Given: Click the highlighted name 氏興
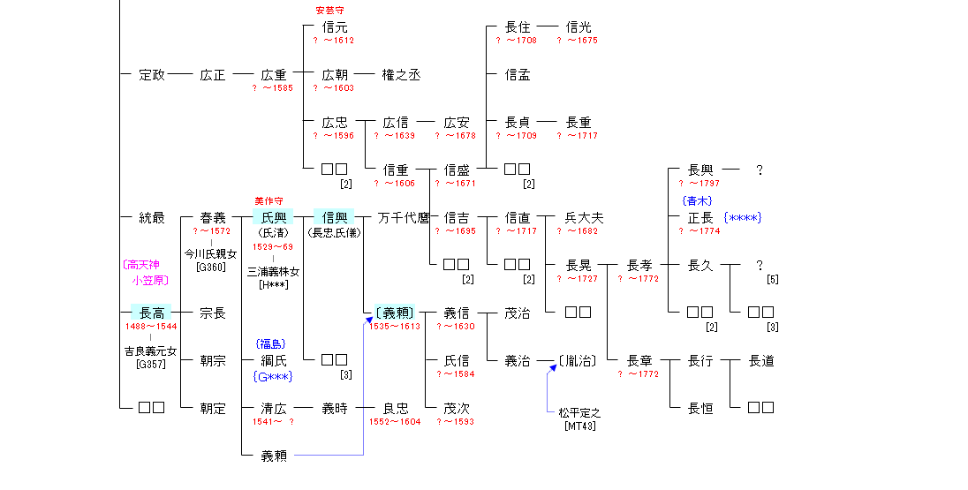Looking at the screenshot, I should click(273, 218).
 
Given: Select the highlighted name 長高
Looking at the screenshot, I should click(152, 313).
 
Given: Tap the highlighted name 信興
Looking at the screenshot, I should click(334, 218).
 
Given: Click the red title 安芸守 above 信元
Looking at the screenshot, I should click(330, 11).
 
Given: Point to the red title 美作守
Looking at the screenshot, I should click(268, 201).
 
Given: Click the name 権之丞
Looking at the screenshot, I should click(401, 75).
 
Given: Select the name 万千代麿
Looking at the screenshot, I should click(404, 218).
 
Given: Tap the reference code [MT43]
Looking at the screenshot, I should click(580, 426).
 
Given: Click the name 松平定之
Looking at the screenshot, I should click(579, 413).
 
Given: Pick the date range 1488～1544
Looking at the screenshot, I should click(152, 327).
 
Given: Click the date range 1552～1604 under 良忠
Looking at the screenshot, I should click(395, 422).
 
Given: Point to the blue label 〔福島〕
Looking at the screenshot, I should click(270, 344).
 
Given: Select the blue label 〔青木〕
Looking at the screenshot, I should click(697, 201).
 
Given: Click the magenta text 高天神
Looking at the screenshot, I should click(142, 265).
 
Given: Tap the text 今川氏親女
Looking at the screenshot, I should click(210, 254).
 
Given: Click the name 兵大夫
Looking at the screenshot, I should click(585, 218).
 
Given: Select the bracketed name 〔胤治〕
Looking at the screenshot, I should click(577, 361).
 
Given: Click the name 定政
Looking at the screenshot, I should click(152, 75).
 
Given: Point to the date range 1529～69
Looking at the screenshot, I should click(273, 246).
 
